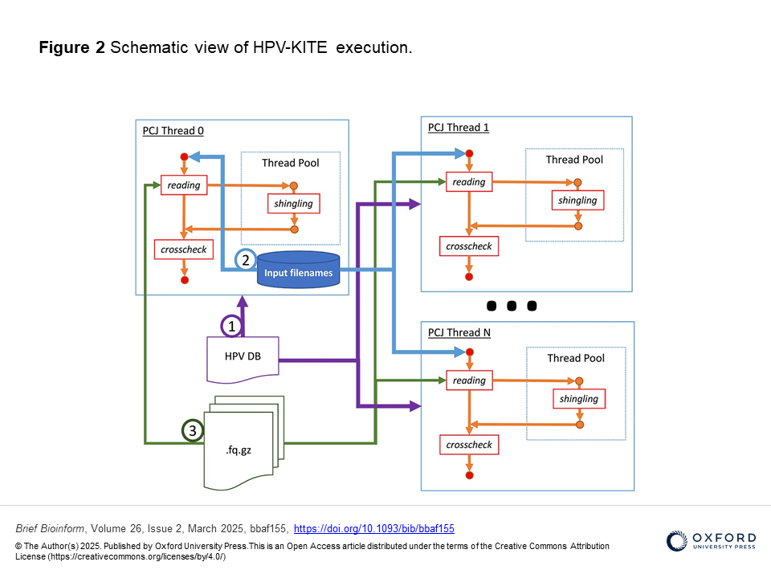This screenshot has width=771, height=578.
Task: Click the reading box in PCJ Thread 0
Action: pos(184,185)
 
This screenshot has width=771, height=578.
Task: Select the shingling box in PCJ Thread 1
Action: pos(577,200)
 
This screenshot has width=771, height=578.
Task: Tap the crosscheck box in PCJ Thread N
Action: pos(469,445)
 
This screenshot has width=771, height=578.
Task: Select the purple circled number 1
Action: pos(231,326)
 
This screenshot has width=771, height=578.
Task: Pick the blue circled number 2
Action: pos(246,260)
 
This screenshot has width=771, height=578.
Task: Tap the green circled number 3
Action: pos(192,431)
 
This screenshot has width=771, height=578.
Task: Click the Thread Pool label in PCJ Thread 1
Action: pos(574,160)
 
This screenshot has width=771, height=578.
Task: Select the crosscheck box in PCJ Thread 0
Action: pos(184,250)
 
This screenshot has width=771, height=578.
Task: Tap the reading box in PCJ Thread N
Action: pos(469,381)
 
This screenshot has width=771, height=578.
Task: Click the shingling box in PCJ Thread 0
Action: pos(293,204)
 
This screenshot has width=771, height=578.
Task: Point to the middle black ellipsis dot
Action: pos(510,306)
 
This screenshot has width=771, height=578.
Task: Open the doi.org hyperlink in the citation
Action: pos(374,528)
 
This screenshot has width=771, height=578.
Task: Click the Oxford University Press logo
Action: pos(710,540)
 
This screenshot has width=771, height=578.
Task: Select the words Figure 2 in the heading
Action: pos(71,47)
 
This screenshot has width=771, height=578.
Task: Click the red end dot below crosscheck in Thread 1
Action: pos(469,276)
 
